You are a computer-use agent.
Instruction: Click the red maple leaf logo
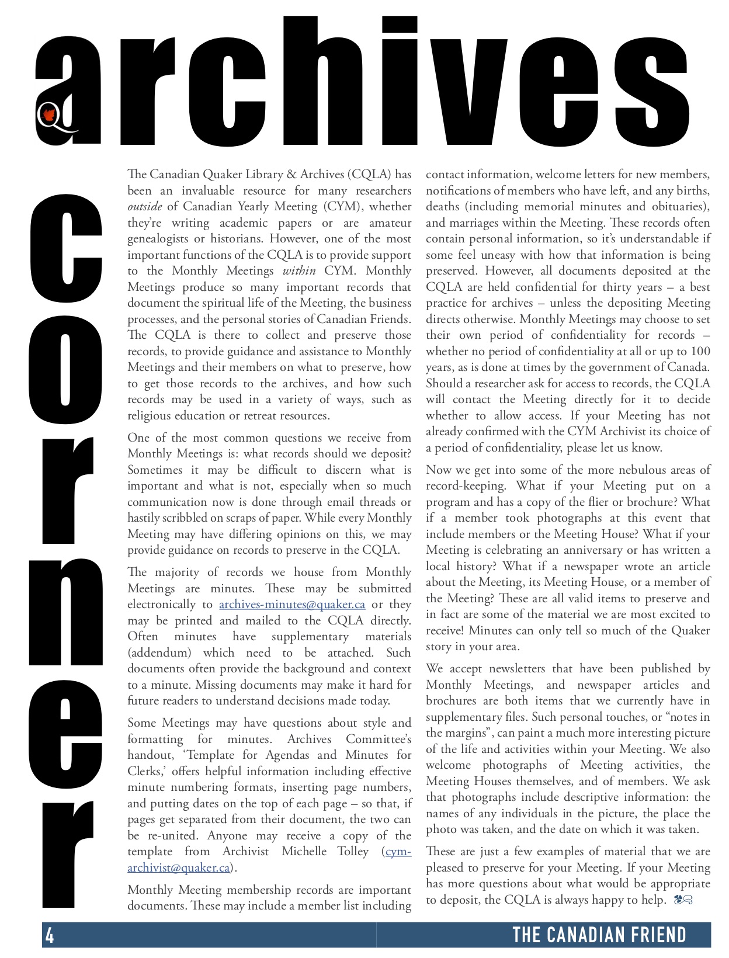pos(49,116)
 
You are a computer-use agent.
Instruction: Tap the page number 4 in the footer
pos(50,935)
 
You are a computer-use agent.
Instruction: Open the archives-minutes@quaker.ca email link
pos(292,605)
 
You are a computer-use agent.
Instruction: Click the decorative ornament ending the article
pos(683,900)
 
